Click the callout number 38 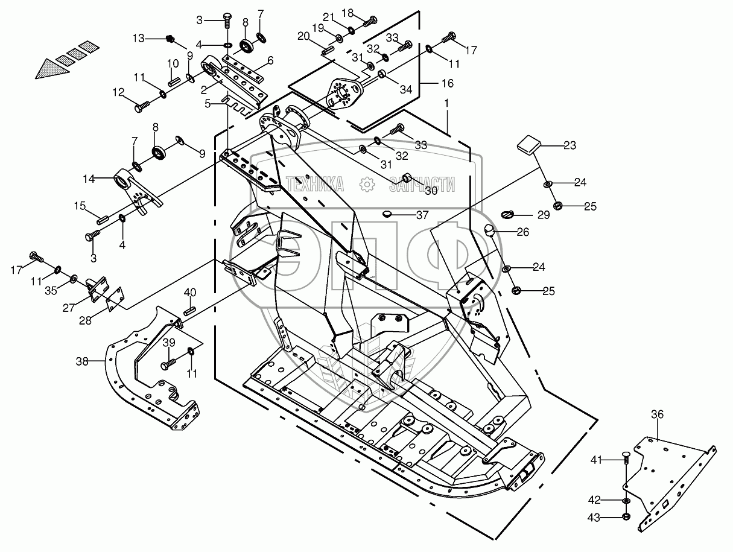point(82,361)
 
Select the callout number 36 point(657,414)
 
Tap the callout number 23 point(570,145)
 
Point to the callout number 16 point(448,83)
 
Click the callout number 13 point(138,39)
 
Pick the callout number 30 point(431,191)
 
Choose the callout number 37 point(422,215)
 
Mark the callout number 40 point(191,293)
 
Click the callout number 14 point(89,179)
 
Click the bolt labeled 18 point(370,22)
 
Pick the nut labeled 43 point(626,517)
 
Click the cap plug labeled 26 point(489,230)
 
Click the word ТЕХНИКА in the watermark point(314,184)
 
